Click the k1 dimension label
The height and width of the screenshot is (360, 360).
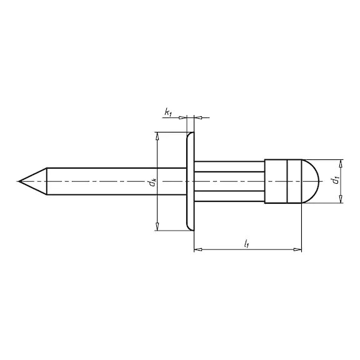point(168,112)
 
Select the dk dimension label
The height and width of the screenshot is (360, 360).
point(152,182)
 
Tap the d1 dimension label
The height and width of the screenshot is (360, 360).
point(336,181)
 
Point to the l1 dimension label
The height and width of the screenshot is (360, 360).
point(247,244)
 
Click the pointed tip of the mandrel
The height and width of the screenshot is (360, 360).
point(19,181)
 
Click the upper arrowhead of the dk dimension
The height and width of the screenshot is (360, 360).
point(157,136)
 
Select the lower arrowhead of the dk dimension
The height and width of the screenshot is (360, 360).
point(157,226)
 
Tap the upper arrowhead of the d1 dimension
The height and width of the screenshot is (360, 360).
point(341,164)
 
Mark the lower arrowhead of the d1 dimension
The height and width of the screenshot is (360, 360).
point(341,199)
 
